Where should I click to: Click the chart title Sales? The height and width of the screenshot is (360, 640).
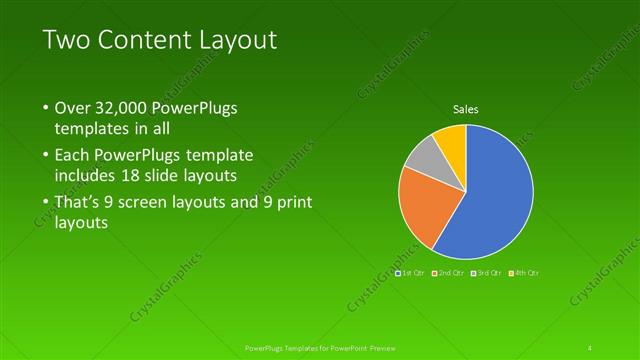coord(465,108)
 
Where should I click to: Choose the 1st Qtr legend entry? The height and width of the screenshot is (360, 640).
coord(410,272)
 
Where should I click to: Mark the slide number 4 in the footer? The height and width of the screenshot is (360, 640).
coord(591,347)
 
